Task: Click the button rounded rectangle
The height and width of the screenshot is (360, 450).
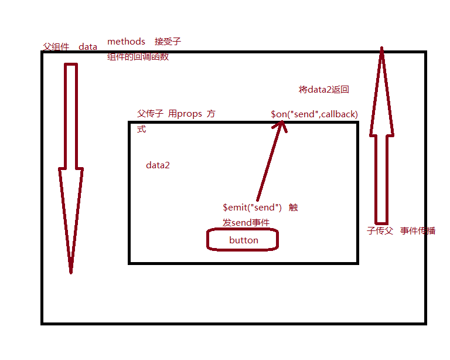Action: click(x=242, y=240)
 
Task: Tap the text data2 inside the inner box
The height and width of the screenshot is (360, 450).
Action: click(x=158, y=165)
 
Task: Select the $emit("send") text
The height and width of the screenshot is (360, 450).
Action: click(x=253, y=208)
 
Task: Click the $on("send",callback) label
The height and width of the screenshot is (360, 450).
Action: click(x=314, y=114)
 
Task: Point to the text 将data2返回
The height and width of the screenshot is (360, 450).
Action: click(x=324, y=90)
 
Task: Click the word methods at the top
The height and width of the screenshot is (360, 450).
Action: click(x=126, y=42)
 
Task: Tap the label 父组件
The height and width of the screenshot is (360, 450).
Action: click(x=56, y=47)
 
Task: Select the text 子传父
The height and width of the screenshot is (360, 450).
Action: click(x=379, y=230)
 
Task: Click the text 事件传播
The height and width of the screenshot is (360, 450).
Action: click(x=418, y=230)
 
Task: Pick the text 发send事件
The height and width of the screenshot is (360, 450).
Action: click(x=246, y=223)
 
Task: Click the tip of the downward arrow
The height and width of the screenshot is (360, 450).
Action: click(x=71, y=271)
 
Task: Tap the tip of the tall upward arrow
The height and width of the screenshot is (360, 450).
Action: click(x=381, y=50)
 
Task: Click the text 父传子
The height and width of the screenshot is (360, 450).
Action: click(x=150, y=114)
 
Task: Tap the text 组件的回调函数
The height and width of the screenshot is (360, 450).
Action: click(x=138, y=57)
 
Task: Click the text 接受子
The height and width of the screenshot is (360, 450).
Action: click(x=168, y=42)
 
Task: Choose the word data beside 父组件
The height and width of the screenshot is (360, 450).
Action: click(x=88, y=47)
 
